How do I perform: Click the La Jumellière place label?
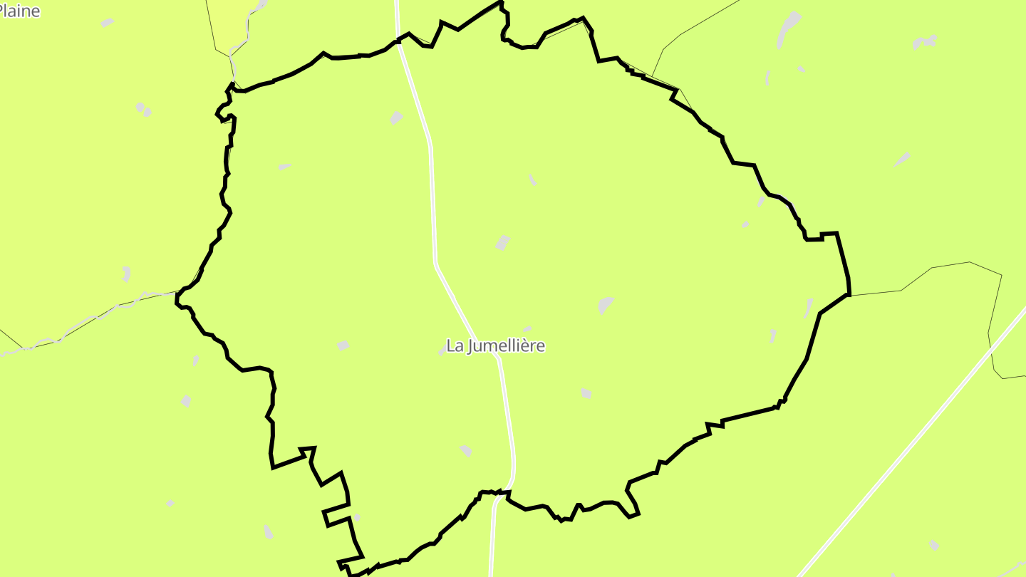click(495, 346)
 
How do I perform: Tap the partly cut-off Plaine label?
click(19, 11)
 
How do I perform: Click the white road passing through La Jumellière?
click(432, 199)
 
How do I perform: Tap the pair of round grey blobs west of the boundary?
click(143, 109)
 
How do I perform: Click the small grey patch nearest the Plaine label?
click(107, 23)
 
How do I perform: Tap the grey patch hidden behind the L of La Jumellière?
click(443, 350)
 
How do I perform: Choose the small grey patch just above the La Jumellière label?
click(527, 329)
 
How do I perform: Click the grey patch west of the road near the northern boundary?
click(396, 118)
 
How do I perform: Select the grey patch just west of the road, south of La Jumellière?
click(466, 450)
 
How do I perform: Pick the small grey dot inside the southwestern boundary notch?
click(357, 517)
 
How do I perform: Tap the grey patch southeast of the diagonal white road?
click(934, 545)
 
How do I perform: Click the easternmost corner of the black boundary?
click(849, 293)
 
